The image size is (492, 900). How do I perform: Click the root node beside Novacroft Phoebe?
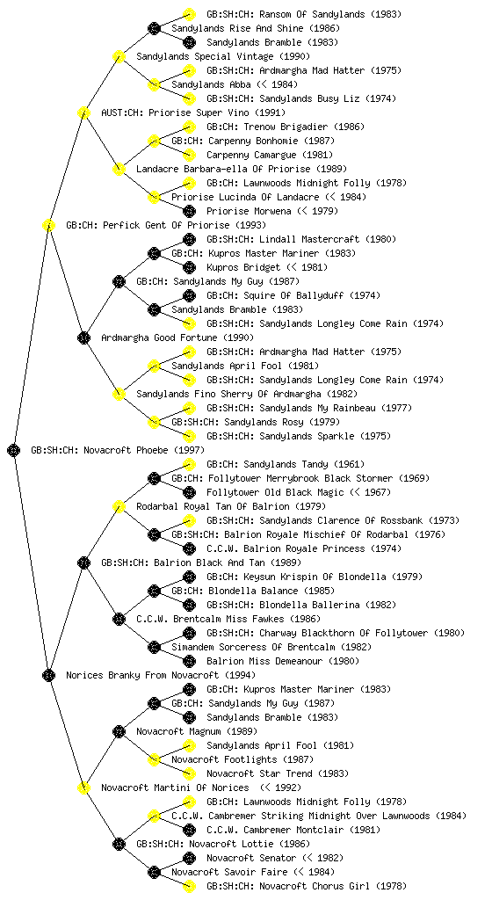(x=14, y=450)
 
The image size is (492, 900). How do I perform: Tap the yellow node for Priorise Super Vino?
(x=83, y=112)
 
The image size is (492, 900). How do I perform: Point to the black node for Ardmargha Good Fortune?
(x=83, y=337)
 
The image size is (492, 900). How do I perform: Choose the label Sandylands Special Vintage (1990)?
(x=223, y=56)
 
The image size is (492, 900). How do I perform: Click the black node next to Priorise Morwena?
(x=189, y=211)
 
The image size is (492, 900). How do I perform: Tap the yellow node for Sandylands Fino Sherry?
(x=119, y=394)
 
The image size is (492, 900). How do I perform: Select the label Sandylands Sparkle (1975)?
(x=299, y=436)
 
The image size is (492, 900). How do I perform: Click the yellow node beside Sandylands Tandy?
(x=189, y=464)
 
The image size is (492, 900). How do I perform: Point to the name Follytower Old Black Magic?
(x=275, y=492)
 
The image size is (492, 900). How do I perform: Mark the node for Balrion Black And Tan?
(x=83, y=562)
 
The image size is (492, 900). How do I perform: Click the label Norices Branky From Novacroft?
(x=142, y=675)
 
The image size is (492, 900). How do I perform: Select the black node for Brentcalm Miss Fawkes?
(x=119, y=619)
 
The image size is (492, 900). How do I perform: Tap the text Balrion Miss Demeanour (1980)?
(x=283, y=661)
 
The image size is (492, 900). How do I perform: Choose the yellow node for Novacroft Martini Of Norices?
(x=83, y=787)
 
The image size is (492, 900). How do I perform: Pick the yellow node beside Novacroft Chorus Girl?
(x=189, y=886)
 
